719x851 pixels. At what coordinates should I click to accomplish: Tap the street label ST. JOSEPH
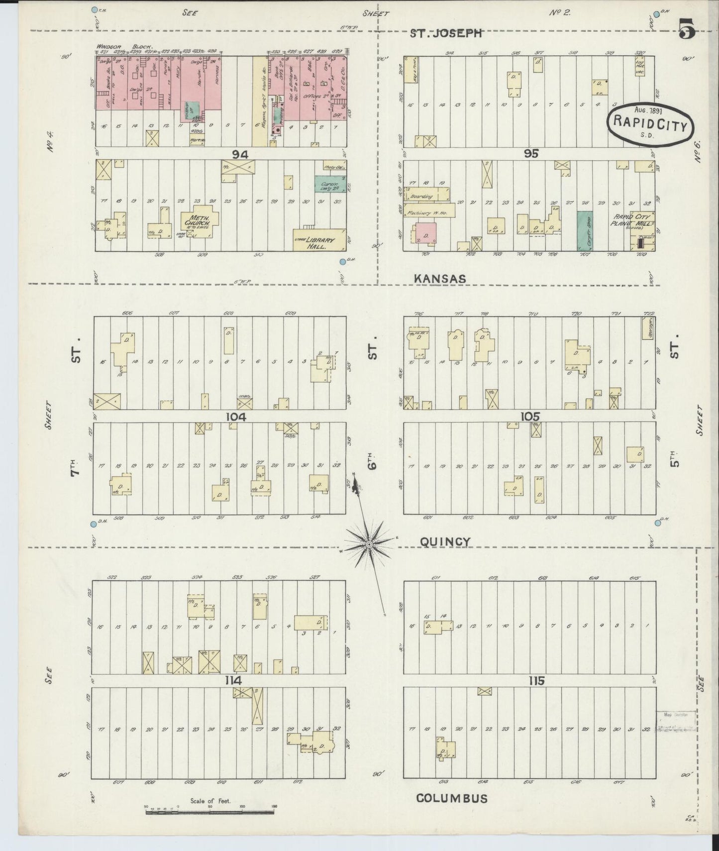tap(446, 33)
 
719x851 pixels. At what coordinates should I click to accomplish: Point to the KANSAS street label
tap(440, 279)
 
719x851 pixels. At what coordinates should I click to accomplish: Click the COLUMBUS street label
tap(451, 798)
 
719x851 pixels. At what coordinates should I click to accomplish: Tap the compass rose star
tap(369, 545)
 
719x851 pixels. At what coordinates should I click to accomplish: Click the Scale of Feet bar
tap(209, 812)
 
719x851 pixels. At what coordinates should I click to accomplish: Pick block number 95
tap(531, 153)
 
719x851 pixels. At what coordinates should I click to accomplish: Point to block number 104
tap(236, 417)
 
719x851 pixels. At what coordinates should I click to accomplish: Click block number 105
tap(530, 416)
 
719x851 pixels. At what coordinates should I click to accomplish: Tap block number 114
tap(233, 680)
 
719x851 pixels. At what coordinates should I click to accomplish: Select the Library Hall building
tap(319, 240)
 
